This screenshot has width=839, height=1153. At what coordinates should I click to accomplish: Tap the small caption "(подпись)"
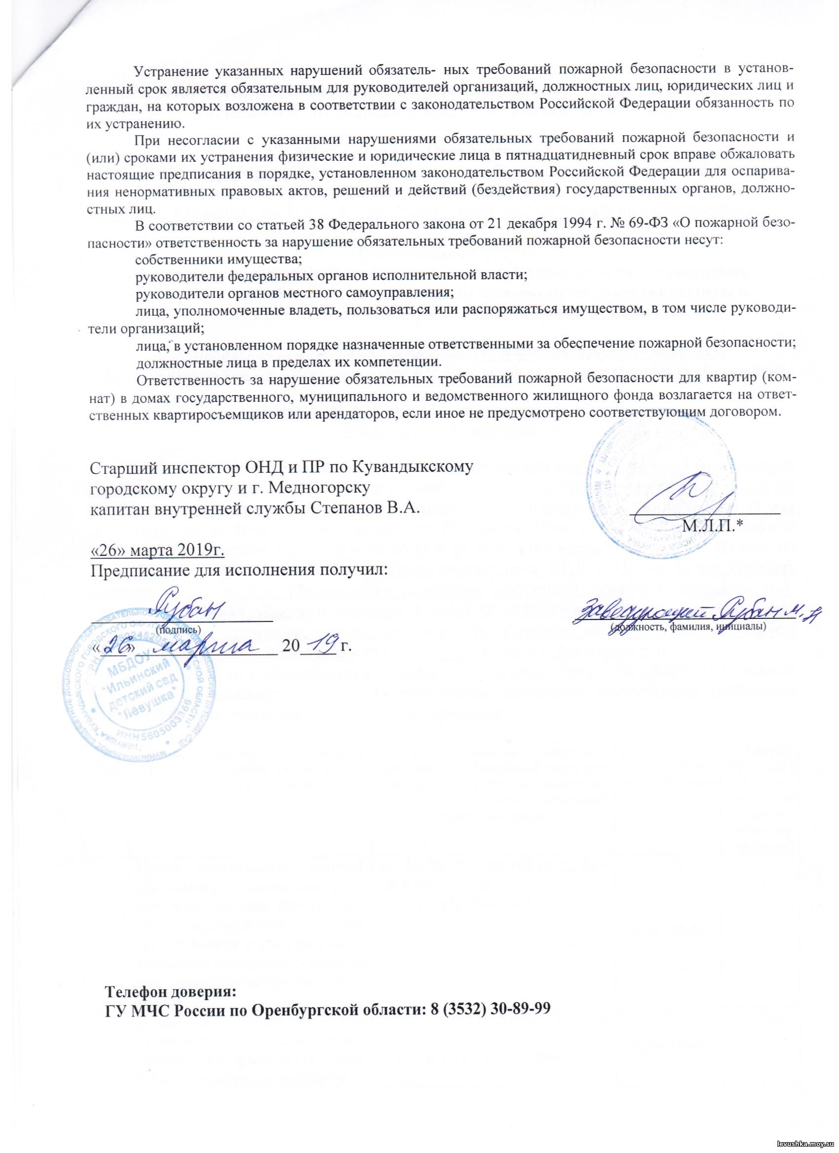click(178, 629)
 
